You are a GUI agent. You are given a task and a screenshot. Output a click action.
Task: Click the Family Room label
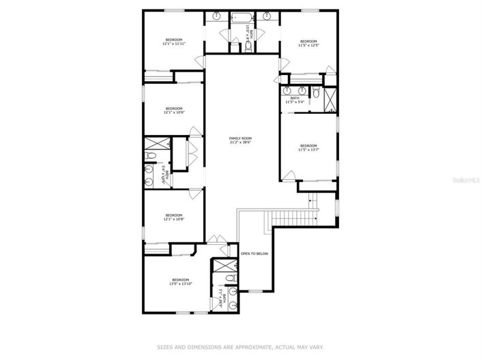tap(240, 140)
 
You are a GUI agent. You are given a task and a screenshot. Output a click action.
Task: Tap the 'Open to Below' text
tap(254, 254)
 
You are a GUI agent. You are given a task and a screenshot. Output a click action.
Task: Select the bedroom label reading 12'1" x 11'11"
tap(174, 42)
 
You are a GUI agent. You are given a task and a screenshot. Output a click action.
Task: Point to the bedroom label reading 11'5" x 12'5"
tap(309, 43)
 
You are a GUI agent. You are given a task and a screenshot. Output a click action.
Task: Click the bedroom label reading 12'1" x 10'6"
tap(173, 110)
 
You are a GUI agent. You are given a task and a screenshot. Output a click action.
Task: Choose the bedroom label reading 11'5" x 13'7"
tap(308, 147)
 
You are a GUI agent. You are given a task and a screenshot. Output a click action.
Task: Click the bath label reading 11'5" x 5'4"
tap(295, 100)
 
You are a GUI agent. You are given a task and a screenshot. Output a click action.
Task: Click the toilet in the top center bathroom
tap(248, 45)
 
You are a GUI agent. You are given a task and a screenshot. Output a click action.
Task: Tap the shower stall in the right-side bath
tap(330, 100)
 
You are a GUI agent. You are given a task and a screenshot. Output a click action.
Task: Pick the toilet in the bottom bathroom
tap(229, 277)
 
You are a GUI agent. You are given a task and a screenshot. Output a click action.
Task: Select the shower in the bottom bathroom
tap(222, 265)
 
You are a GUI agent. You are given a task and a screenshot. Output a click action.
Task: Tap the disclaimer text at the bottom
tap(240, 346)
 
